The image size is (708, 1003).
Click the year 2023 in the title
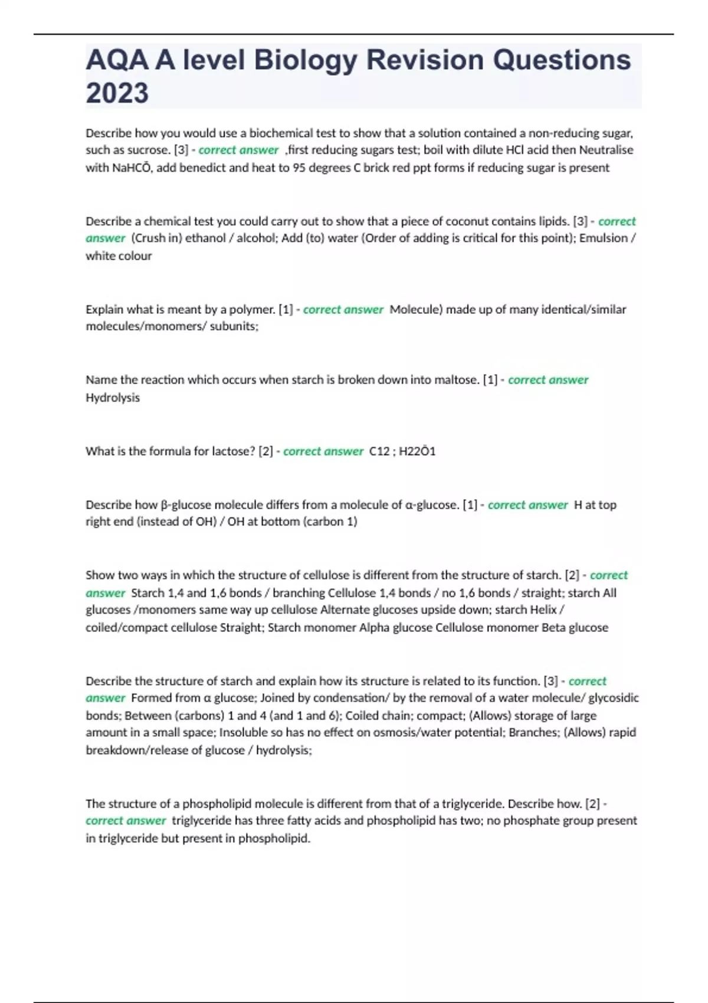point(117,93)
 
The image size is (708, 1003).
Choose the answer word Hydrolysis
point(113,398)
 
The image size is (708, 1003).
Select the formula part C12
point(379,451)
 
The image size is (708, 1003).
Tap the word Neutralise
point(606,150)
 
